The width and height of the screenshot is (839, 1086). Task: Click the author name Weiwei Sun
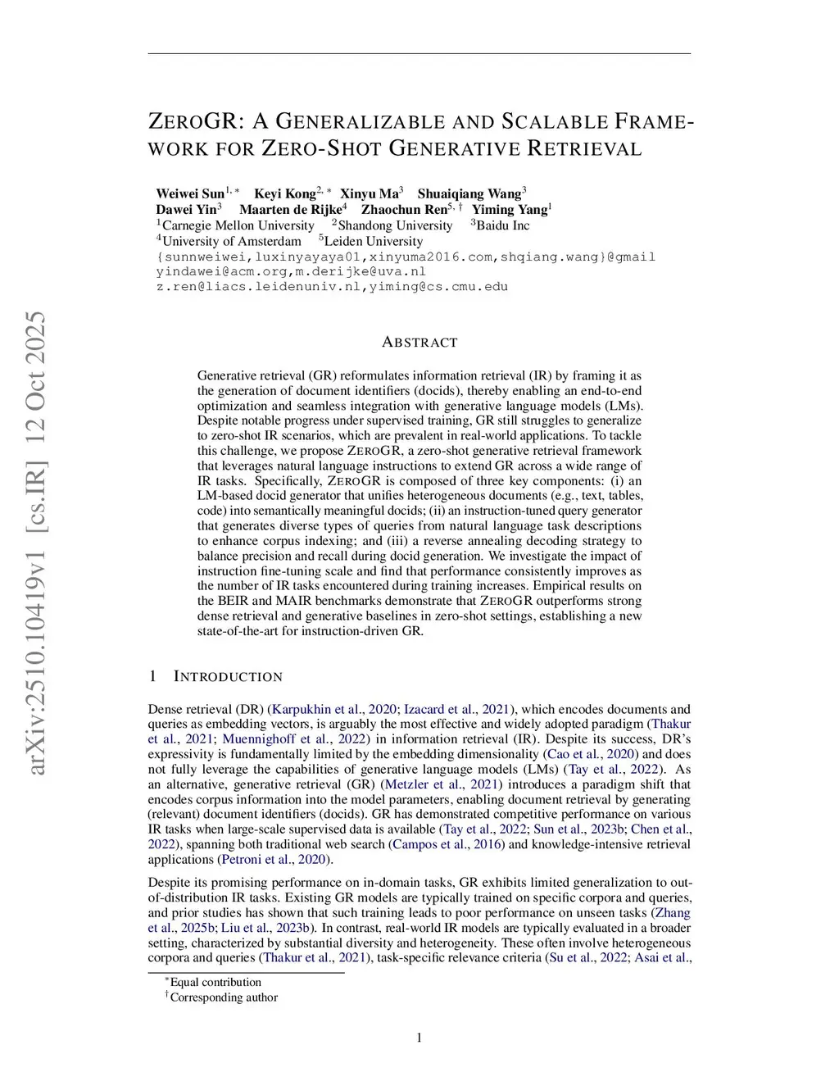tap(190, 194)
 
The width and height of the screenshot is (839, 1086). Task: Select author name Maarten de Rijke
tap(290, 210)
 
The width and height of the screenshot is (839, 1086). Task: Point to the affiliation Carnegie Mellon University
tap(238, 225)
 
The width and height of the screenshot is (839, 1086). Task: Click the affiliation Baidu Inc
tap(502, 225)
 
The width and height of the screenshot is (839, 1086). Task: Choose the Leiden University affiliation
tap(374, 241)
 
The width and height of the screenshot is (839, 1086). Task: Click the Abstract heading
tap(419, 343)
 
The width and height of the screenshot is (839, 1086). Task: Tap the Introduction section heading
tap(228, 677)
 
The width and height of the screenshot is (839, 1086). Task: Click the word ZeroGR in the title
tap(194, 122)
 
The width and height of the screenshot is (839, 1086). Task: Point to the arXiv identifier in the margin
tap(37, 542)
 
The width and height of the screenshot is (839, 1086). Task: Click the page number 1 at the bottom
tap(419, 1038)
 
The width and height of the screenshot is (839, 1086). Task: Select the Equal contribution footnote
tap(215, 983)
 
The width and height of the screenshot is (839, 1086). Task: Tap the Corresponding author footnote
tap(224, 997)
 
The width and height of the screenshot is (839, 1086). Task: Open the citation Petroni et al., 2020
tap(274, 860)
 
